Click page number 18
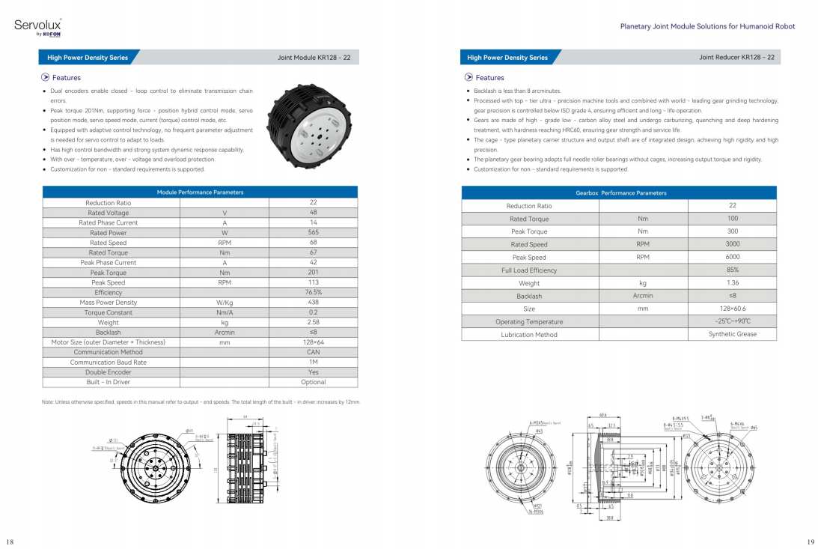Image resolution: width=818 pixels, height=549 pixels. tap(10, 541)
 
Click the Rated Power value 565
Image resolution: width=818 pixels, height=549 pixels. tap(313, 233)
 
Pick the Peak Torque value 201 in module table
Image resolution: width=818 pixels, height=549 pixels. tap(313, 273)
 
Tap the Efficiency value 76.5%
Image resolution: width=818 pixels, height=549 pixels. tap(313, 293)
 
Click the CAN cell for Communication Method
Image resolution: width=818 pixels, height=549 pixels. tap(313, 352)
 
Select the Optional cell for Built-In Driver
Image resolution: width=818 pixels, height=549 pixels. tap(313, 382)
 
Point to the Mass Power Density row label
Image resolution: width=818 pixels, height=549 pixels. tap(109, 303)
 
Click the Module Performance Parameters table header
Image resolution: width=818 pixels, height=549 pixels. tap(200, 192)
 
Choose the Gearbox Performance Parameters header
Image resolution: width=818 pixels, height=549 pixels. tap(620, 192)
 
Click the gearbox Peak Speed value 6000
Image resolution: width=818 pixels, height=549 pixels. tap(732, 257)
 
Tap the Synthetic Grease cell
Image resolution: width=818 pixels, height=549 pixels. tap(732, 334)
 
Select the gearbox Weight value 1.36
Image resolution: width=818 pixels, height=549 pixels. tap(732, 283)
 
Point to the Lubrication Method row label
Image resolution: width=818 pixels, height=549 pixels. tap(529, 335)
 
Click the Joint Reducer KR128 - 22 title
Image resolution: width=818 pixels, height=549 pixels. tap(736, 57)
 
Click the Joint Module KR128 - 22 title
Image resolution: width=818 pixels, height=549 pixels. tap(314, 57)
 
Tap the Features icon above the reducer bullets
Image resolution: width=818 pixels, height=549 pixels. tap(468, 77)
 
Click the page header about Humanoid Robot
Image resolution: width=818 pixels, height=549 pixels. tap(707, 26)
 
